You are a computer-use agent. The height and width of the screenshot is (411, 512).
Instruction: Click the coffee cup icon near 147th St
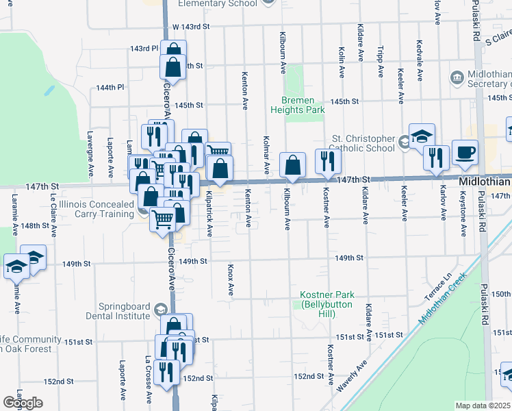coord(465,153)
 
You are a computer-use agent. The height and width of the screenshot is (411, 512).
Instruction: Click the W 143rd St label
coord(190,26)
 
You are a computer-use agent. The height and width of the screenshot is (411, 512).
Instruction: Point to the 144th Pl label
coord(110,88)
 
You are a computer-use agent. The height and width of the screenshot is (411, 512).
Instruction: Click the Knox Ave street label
coord(231,281)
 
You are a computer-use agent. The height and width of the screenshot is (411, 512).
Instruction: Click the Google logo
coord(23,403)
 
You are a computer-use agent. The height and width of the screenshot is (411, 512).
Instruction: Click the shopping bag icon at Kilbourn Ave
coord(292,165)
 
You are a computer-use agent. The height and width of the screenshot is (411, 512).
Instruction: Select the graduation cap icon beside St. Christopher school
coord(422,136)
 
